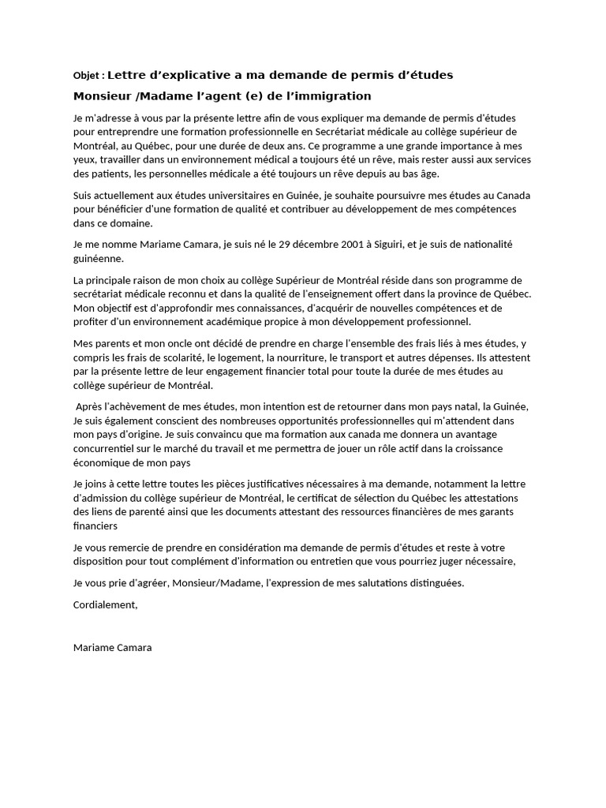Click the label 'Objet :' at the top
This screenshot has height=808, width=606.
[88, 77]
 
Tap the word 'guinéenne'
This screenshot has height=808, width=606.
[98, 259]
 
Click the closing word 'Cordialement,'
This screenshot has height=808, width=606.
[105, 604]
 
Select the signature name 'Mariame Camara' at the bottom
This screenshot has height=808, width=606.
[112, 648]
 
